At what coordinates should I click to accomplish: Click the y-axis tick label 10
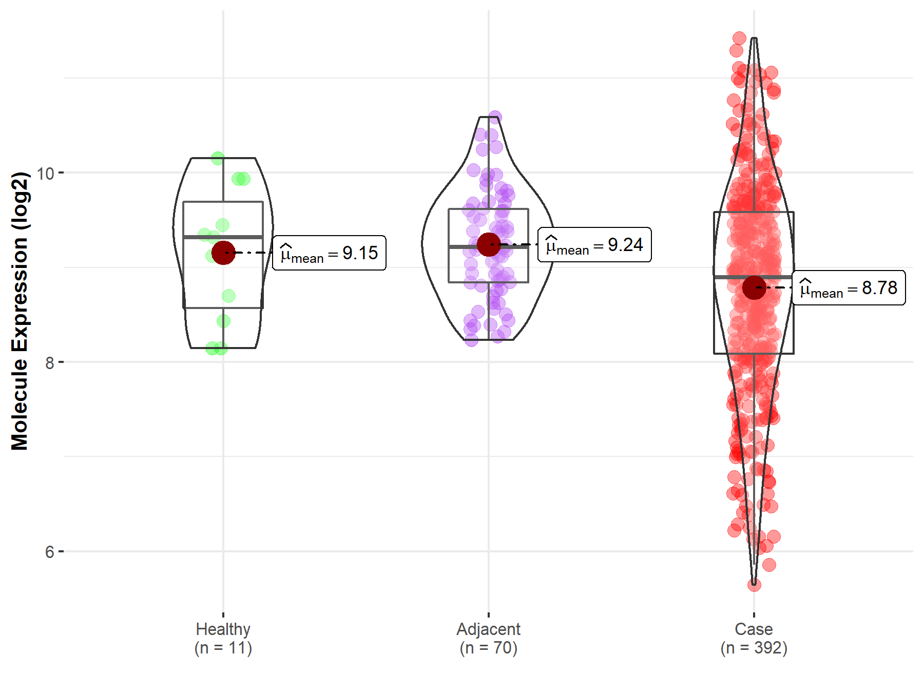(x=45, y=174)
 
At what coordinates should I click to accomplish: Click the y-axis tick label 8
(x=49, y=363)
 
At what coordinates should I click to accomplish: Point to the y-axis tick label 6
(x=49, y=552)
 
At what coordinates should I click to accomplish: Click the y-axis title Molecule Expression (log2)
(x=20, y=311)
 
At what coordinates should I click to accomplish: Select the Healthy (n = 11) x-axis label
(x=223, y=638)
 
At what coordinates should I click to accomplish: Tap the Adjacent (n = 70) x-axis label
(x=488, y=638)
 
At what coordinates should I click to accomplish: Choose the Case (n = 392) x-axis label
(x=754, y=638)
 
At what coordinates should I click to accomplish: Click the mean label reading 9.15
(x=329, y=253)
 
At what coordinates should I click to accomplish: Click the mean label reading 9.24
(x=594, y=245)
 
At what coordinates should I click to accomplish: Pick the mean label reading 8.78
(x=849, y=288)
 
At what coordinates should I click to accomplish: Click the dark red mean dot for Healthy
(x=223, y=253)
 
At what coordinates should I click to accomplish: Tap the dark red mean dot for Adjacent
(x=488, y=244)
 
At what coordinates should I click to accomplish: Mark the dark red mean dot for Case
(x=754, y=287)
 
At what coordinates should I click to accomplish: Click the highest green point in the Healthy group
(x=218, y=158)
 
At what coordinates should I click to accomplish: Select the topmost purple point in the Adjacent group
(x=495, y=117)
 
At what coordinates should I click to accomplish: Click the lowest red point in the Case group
(x=754, y=585)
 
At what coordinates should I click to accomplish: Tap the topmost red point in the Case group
(x=739, y=38)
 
